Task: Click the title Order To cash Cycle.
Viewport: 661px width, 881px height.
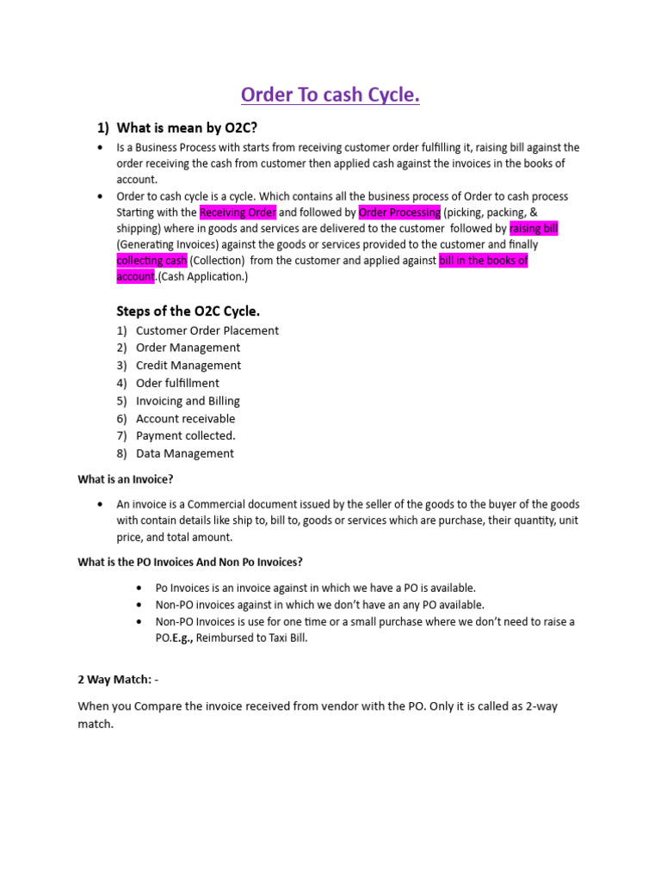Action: [330, 95]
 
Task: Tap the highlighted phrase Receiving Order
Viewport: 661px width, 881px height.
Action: [238, 212]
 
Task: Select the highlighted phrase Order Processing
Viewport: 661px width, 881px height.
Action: [399, 212]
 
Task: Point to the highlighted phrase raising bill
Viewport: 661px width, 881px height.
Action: [534, 228]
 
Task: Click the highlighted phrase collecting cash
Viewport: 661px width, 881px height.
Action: [151, 260]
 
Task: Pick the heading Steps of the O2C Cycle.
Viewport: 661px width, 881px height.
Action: [188, 311]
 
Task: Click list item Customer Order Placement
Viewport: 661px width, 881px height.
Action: [207, 330]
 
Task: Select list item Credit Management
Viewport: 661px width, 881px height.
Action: [188, 366]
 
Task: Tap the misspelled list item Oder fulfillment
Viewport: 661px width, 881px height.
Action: [177, 383]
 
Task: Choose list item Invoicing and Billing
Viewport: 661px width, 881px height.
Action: [188, 401]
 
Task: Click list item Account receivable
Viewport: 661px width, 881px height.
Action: [185, 418]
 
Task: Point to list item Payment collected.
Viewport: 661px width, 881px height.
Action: [185, 435]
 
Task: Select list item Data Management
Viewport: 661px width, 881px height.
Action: [184, 453]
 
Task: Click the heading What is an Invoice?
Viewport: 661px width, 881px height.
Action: [132, 479]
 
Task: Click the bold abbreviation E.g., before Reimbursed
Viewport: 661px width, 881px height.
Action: [181, 638]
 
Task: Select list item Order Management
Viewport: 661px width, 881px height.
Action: [188, 348]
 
